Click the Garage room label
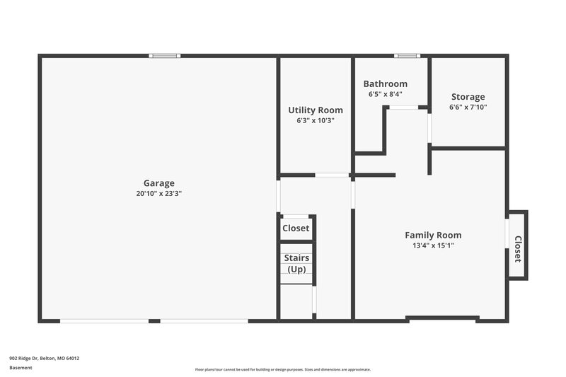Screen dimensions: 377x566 click(158, 183)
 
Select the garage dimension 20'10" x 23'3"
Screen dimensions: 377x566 click(158, 193)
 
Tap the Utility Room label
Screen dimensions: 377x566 click(315, 110)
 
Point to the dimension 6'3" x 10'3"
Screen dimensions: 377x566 click(315, 120)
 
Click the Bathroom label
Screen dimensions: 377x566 click(385, 83)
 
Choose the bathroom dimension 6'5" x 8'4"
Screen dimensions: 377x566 click(385, 93)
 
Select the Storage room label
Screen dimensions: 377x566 click(468, 97)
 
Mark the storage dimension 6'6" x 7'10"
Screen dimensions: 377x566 click(468, 108)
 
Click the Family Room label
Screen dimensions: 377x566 click(433, 236)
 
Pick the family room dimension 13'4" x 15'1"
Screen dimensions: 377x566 click(433, 245)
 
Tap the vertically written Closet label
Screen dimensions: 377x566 click(518, 249)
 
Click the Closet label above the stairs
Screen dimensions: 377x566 click(296, 228)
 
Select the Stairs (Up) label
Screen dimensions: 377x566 click(296, 264)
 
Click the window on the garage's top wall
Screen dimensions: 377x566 click(164, 56)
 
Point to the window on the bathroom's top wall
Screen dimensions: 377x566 click(407, 56)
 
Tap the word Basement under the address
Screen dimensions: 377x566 click(21, 368)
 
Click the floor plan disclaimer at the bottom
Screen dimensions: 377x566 click(282, 369)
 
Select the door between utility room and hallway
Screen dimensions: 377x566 click(332, 175)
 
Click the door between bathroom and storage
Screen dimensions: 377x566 click(429, 128)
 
